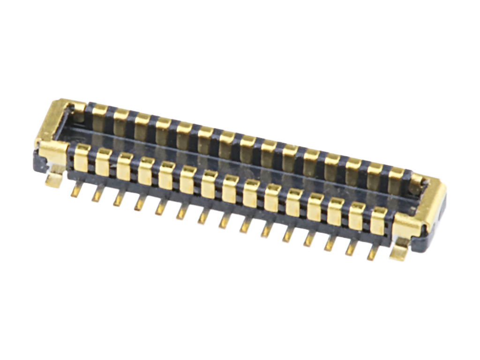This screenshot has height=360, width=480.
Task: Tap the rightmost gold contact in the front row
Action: pos(378,221)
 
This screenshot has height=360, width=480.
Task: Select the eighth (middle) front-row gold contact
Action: pos(230,189)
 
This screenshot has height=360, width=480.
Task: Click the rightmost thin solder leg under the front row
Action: pos(373,253)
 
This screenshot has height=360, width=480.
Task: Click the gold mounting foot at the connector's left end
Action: pos(54,179)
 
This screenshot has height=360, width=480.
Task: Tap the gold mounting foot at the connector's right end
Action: pos(399,251)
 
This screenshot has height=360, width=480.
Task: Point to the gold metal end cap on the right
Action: pos(424,206)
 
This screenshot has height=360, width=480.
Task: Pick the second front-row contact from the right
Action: pos(357,216)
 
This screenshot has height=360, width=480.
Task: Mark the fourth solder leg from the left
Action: pos(139,203)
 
